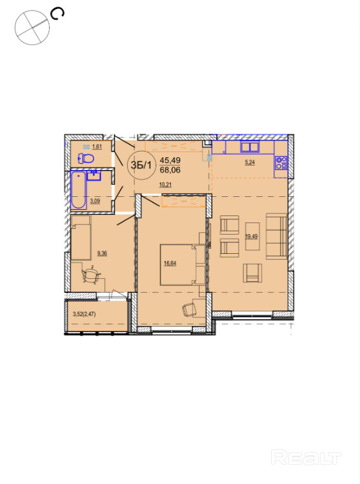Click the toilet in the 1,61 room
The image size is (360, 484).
[x=86, y=159]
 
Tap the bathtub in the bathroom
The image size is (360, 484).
[x=79, y=190]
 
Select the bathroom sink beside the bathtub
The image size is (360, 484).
[x=94, y=175]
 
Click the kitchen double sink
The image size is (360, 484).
[x=250, y=147]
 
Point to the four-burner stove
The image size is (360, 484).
[x=281, y=163]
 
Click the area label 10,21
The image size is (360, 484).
[x=166, y=185]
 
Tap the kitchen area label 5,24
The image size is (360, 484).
[x=250, y=162]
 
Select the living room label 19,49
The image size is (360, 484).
[x=251, y=237]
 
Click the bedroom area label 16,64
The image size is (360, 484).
[x=170, y=263]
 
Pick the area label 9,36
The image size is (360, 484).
[x=102, y=254]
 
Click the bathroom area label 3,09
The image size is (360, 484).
[x=95, y=201]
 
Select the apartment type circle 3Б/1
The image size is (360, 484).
[x=141, y=165]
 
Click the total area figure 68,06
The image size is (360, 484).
[x=170, y=170]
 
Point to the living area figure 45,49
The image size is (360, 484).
[x=170, y=160]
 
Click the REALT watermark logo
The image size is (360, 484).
[x=306, y=457]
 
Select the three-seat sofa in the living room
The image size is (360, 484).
[x=276, y=236]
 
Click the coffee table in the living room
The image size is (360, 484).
[x=252, y=236]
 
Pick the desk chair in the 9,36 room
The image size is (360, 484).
[x=91, y=275]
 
